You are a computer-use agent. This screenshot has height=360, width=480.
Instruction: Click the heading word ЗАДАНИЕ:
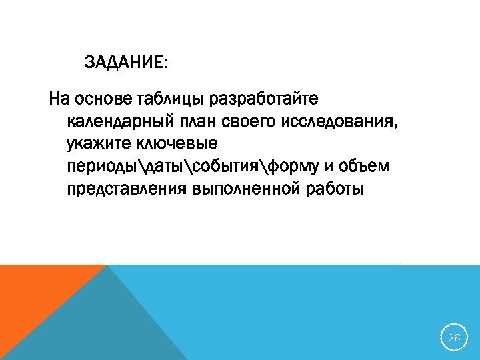[x=127, y=63]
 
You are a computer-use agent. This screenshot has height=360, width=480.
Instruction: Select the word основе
[x=103, y=100]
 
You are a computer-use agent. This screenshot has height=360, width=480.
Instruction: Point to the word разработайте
[x=265, y=100]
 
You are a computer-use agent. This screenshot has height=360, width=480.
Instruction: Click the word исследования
[x=343, y=123]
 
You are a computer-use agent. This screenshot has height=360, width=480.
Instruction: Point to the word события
[x=213, y=167]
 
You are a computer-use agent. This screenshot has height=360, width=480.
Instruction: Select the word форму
[x=283, y=167]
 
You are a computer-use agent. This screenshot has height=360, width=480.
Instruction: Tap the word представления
[x=127, y=189]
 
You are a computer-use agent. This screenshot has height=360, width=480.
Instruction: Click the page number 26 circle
[x=454, y=338]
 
